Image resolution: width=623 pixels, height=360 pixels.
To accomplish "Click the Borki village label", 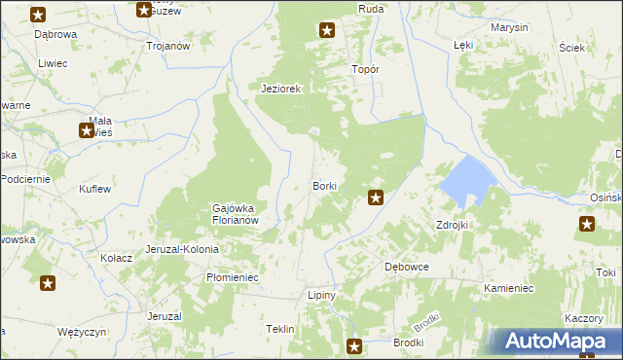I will click(x=324, y=186).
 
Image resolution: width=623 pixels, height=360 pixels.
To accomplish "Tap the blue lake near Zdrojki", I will click(x=464, y=180).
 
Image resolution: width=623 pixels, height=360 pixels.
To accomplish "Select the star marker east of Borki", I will click(x=375, y=198).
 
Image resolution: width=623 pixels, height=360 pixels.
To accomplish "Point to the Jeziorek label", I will click(x=282, y=89).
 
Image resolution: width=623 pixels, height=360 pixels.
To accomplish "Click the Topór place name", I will click(x=364, y=70).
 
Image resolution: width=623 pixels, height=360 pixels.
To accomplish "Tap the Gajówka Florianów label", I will click(x=234, y=214).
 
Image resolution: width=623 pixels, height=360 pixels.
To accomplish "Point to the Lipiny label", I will click(x=321, y=295).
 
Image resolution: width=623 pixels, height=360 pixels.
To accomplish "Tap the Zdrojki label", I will click(x=453, y=225).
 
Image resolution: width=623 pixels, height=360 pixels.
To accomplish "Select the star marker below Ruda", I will click(x=327, y=30).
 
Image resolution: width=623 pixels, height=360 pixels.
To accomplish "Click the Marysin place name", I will click(x=509, y=27).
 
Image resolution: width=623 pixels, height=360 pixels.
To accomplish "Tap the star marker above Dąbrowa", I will click(x=38, y=14).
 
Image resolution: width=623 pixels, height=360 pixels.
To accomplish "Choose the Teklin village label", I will click(x=279, y=330).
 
